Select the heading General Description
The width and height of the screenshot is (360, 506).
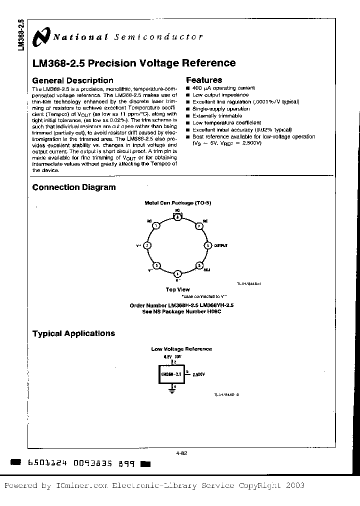pos(72,80)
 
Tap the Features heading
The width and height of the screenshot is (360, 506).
pos(204,80)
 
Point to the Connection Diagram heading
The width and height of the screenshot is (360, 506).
pos(74,187)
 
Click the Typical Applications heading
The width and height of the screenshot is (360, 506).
pos(73,333)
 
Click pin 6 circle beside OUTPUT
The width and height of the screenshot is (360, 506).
pos(208,245)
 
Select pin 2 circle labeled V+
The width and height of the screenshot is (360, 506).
pos(147,245)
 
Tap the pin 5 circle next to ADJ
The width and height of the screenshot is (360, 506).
pos(199,265)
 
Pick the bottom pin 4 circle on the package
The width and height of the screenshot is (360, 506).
pos(177,274)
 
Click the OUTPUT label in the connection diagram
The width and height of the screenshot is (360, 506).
pos(220,245)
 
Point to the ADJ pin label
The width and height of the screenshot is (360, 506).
pos(207,270)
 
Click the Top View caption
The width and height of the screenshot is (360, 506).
pos(177,289)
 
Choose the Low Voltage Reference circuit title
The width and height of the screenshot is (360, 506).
pos(181,349)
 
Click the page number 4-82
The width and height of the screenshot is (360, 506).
pos(181,453)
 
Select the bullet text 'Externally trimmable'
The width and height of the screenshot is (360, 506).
pos(217,115)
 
